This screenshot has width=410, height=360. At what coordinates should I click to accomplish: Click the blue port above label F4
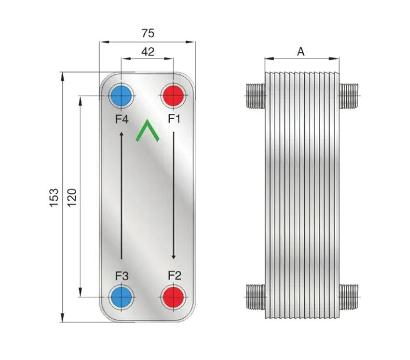(121, 96)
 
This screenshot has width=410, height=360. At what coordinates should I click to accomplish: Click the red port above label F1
(173, 96)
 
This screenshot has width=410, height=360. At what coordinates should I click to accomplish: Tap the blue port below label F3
(121, 297)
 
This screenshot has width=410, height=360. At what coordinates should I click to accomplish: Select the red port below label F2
(173, 297)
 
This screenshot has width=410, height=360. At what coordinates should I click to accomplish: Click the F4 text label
(122, 119)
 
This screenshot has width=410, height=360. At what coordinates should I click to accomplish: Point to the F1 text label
(174, 119)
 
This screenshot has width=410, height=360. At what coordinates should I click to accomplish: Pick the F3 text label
(122, 276)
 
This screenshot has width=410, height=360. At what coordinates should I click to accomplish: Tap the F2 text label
(174, 276)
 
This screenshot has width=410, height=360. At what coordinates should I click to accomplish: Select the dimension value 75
(148, 33)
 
